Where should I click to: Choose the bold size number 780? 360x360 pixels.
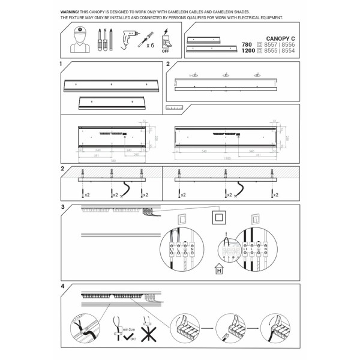[247, 44]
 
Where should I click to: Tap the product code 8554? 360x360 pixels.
[289, 51]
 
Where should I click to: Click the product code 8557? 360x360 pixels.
[268, 44]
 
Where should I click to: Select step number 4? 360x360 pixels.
[62, 286]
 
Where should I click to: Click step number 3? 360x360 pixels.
[62, 207]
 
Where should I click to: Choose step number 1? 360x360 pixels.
[62, 63]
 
